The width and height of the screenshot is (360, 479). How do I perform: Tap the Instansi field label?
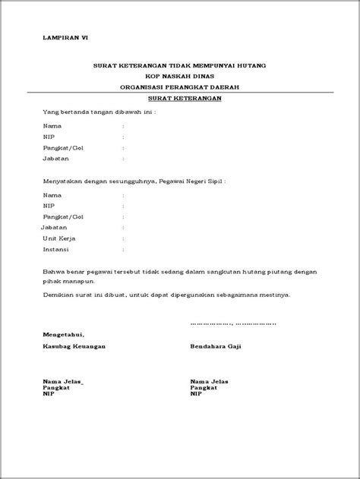[57, 248]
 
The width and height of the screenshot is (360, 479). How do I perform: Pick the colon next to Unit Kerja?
[123, 238]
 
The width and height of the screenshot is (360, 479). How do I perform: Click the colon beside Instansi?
[123, 248]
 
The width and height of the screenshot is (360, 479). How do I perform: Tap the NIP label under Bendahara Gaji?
[196, 394]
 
